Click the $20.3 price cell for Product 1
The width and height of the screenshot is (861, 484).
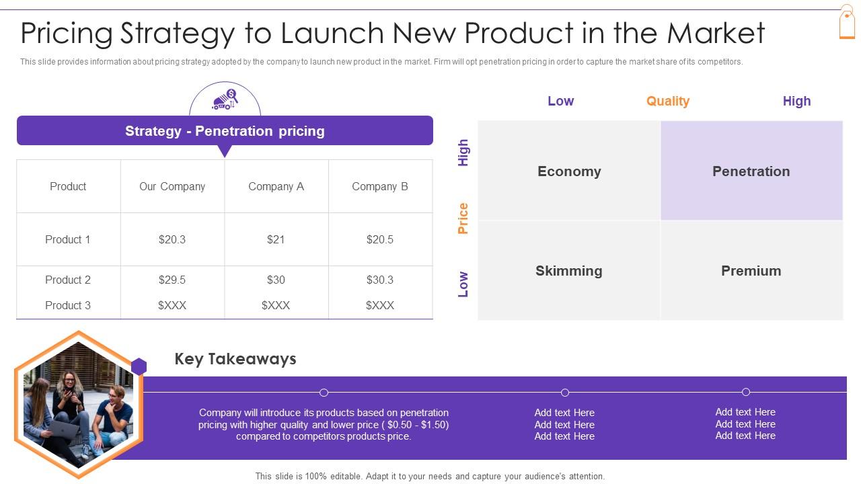(x=172, y=239)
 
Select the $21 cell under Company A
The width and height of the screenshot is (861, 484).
(x=276, y=239)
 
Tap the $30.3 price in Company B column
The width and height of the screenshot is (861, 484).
(x=380, y=280)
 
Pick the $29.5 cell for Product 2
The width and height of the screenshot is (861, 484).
(x=172, y=280)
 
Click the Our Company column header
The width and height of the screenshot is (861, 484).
(x=172, y=186)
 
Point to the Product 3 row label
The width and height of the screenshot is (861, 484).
(x=68, y=305)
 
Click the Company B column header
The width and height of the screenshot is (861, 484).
(x=380, y=186)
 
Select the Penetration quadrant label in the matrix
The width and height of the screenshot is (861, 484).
(x=751, y=171)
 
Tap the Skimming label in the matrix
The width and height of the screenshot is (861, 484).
(x=569, y=271)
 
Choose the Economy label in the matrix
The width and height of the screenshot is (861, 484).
(x=569, y=171)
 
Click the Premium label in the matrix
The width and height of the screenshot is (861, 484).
(x=751, y=271)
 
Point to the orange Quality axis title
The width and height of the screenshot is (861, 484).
(x=668, y=101)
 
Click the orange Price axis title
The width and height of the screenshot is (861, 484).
(x=463, y=218)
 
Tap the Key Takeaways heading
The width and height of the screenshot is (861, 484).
(x=235, y=359)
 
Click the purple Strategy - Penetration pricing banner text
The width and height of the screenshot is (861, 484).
(x=225, y=131)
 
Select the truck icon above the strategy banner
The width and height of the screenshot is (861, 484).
(x=225, y=100)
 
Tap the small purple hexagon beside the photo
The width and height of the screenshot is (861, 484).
(x=139, y=366)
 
